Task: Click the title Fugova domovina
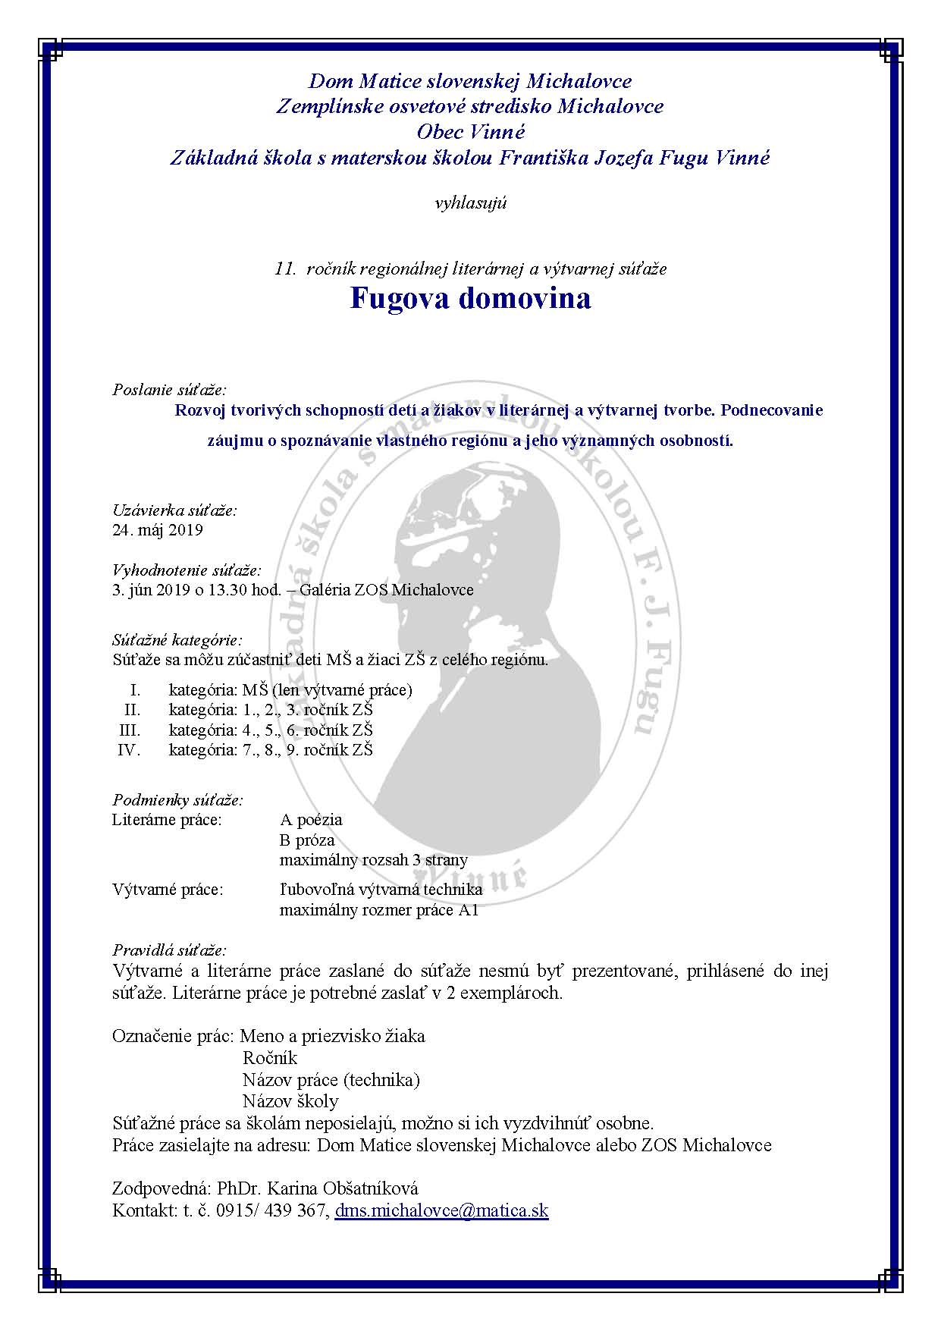(470, 298)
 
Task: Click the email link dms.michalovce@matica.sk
(441, 1210)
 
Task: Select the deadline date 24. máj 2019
(158, 530)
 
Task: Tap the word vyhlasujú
(470, 202)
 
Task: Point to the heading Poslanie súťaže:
(169, 390)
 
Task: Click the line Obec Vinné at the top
(470, 132)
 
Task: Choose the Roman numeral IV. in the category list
(129, 750)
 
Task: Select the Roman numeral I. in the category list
(136, 690)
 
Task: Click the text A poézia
(311, 820)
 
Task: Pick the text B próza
(307, 840)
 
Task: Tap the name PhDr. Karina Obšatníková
(318, 1188)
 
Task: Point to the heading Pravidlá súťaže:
(169, 950)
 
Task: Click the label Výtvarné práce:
(168, 890)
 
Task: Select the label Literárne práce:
(167, 820)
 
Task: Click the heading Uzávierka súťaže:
(174, 510)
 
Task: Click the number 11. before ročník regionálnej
(285, 268)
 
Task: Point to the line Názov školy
(290, 1101)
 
